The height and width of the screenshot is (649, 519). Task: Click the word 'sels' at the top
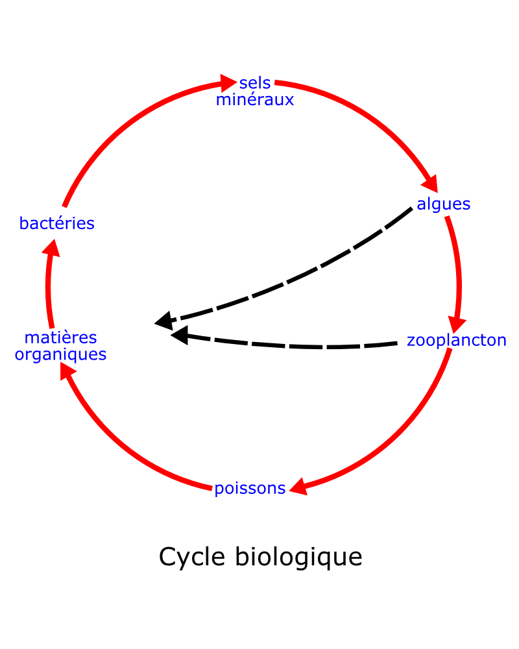pos(255,83)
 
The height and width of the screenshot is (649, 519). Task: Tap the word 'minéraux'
pos(255,100)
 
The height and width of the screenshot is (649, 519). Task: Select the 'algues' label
pos(443,204)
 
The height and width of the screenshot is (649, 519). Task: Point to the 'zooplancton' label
pos(457,341)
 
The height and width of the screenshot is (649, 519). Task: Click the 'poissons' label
pos(250,489)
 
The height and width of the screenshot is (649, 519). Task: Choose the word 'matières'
pos(60,337)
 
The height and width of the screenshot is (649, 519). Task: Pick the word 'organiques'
pos(60,355)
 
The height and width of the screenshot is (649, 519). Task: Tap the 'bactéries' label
pos(56,223)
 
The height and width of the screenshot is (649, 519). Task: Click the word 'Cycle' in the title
pos(192,557)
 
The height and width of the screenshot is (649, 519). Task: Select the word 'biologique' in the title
pos(299,557)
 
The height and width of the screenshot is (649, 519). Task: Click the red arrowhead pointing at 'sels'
pos(228,83)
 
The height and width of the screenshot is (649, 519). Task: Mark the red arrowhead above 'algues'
pos(430,184)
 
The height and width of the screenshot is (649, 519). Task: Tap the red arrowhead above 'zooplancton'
pos(456,324)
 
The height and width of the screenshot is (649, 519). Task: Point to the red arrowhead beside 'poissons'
pos(299,487)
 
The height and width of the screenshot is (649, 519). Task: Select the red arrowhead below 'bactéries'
pos(52,249)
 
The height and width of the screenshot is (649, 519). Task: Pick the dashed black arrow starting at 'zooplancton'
pos(285,345)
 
